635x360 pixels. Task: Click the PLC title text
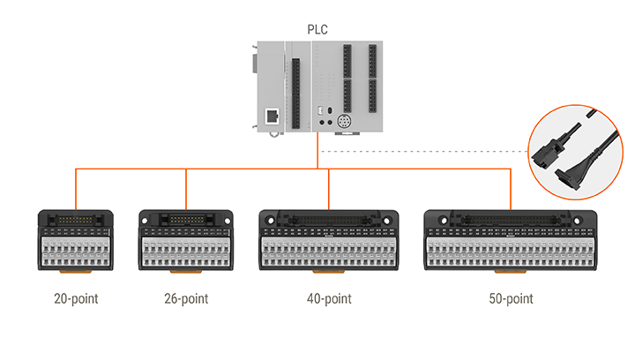pyautogui.click(x=317, y=28)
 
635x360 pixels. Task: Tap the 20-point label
pyautogui.click(x=75, y=298)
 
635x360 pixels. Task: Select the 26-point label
pyautogui.click(x=186, y=298)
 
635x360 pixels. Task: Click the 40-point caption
pyautogui.click(x=328, y=298)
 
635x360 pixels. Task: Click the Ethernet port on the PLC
pyautogui.click(x=272, y=116)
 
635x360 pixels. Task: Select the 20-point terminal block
pyautogui.click(x=75, y=243)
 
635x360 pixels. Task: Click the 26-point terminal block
pyautogui.click(x=186, y=243)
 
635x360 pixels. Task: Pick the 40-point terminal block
pyautogui.click(x=328, y=243)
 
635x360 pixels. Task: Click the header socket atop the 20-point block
pyautogui.click(x=75, y=217)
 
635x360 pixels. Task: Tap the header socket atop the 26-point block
pyautogui.click(x=186, y=217)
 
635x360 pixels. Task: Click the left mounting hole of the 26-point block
pyautogui.click(x=146, y=217)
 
